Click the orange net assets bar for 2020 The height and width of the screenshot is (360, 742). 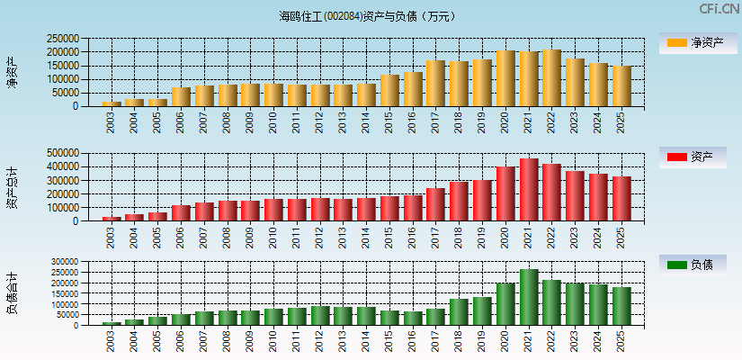pos(505,79)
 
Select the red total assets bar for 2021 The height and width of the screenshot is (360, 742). pos(529,190)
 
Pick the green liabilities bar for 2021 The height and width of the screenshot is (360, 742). pos(529,297)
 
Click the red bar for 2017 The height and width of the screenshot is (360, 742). pos(436,204)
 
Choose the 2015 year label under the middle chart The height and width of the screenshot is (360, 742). pos(390,237)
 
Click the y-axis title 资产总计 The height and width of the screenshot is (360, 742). pos(12,187)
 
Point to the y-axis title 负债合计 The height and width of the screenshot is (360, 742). pos(12,292)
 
